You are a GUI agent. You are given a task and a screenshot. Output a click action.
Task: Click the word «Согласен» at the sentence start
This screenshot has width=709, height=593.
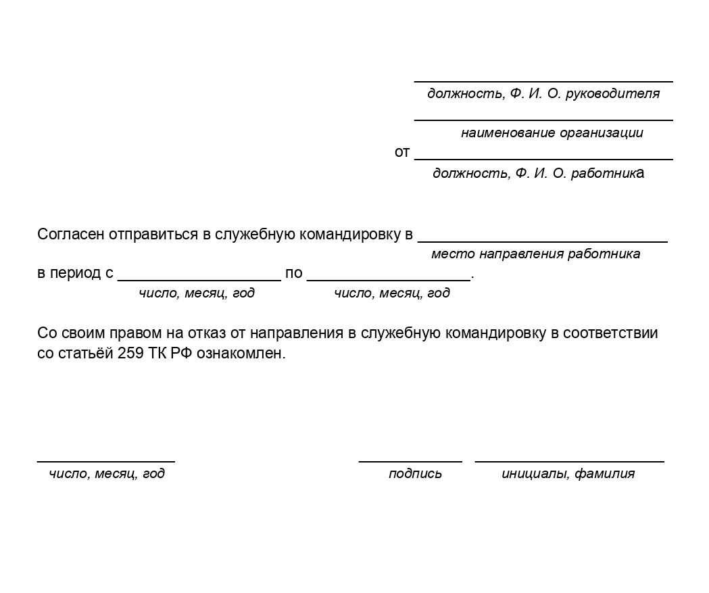coord(70,235)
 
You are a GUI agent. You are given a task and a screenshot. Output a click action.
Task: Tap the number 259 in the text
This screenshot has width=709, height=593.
coord(130,354)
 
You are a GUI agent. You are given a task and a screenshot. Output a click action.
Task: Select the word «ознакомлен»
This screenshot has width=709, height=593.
coord(241,354)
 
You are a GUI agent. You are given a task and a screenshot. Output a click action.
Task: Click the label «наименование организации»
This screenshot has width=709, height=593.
coord(552,133)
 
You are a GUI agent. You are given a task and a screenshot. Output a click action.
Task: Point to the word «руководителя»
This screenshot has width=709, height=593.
coord(612,94)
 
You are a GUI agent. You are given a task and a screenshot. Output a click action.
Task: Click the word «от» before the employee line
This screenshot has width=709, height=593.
coord(402,153)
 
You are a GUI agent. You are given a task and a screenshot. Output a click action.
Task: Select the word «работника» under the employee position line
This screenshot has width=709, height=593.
coord(608,173)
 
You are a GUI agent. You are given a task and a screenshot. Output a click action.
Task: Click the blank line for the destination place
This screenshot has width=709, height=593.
coord(542,241)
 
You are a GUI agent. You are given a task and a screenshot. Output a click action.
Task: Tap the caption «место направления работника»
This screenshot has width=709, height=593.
coord(535,254)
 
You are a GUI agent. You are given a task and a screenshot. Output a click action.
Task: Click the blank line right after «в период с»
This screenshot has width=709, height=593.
coord(199,279)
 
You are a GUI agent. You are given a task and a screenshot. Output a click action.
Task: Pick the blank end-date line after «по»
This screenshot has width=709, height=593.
coord(388,279)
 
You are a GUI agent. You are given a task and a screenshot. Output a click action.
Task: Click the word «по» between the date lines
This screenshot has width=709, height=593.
coord(293,274)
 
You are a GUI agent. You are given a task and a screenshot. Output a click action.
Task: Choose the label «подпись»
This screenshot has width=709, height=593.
coord(415,474)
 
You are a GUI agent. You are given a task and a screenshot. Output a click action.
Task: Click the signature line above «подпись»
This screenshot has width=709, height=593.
coord(410,461)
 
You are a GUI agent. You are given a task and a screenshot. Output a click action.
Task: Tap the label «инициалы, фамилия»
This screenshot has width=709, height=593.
coord(568,474)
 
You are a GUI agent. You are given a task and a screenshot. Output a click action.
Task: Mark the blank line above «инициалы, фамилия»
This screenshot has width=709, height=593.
coord(569,461)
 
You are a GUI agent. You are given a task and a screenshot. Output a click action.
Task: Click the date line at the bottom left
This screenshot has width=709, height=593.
coord(105,461)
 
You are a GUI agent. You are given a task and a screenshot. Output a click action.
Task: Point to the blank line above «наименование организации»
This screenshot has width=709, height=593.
coord(543,120)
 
